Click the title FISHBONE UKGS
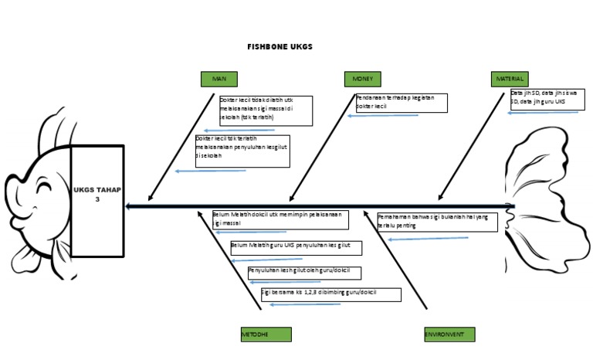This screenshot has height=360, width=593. coord(280,46)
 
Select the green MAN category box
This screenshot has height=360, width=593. coord(219,79)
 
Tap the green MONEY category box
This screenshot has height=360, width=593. coord(362,79)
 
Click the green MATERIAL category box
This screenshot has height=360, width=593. coord(510,79)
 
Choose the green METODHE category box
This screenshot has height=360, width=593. coord(266,335)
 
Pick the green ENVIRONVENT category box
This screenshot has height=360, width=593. coord(449,335)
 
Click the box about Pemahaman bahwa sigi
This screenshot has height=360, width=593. coord(437,222)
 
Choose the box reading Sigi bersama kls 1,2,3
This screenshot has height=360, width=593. coord(330,294)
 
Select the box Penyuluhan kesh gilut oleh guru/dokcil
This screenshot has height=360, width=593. coord(304,272)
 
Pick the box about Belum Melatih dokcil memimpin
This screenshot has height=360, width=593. coord(280,219)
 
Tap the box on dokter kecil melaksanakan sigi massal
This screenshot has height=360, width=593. coord(266,110)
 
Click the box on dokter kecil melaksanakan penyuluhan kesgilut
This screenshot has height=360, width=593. coord(242,151)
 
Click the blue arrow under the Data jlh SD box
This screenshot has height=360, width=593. coord(542,113)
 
